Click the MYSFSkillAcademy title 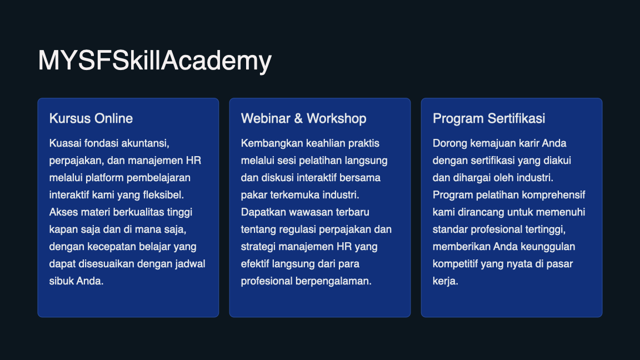click(154, 61)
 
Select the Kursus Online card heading click(91, 118)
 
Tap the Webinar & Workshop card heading click(303, 118)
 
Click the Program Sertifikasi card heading click(489, 118)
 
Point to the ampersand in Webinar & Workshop click(298, 118)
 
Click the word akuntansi click(144, 143)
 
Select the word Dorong click(449, 143)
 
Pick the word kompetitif click(456, 263)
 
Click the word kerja click(444, 281)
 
